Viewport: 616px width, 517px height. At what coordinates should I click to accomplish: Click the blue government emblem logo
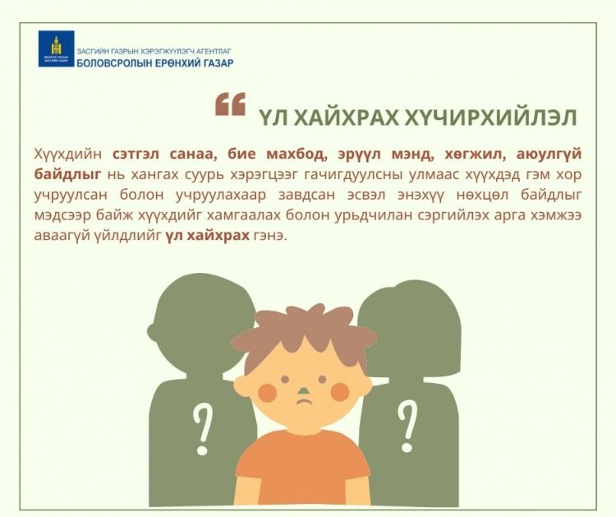(56, 48)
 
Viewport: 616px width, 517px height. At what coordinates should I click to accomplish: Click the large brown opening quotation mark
(230, 104)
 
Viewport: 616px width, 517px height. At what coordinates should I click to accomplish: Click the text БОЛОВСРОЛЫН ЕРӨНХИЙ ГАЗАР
(155, 63)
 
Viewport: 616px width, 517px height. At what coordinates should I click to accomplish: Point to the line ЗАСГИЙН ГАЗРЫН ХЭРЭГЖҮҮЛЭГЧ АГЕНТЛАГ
(154, 51)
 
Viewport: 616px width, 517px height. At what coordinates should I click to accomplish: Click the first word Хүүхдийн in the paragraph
(68, 155)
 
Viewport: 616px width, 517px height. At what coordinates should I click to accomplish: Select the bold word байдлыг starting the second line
(67, 175)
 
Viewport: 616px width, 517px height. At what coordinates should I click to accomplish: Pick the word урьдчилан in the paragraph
(373, 216)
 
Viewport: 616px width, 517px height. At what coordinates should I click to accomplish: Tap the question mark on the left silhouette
(202, 430)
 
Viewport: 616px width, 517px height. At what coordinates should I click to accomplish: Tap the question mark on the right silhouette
(407, 427)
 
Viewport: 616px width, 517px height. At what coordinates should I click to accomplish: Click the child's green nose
(304, 390)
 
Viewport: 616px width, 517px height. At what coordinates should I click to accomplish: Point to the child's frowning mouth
(304, 401)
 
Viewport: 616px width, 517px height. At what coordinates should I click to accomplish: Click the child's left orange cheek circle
(268, 392)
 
